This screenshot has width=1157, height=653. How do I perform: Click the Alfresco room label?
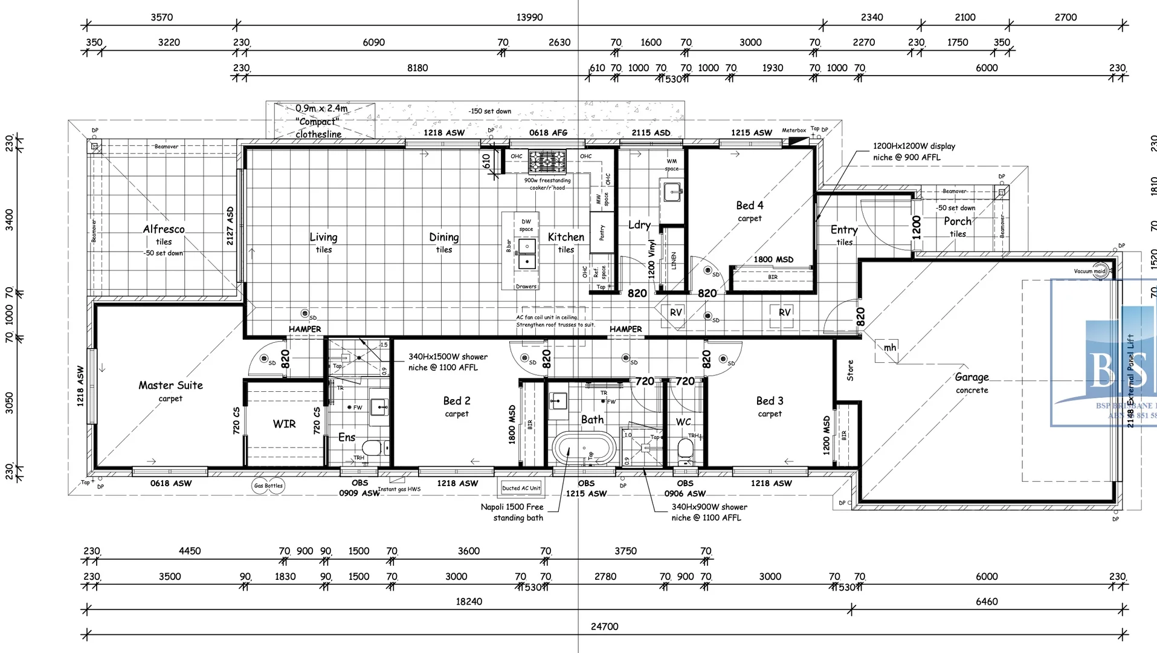164,230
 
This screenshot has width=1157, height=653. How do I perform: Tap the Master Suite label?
170,386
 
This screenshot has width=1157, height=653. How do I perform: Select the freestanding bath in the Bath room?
584,448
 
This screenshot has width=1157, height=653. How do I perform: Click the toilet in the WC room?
685,449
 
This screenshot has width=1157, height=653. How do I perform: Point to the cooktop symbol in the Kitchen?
547,161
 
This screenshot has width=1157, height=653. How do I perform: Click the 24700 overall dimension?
604,627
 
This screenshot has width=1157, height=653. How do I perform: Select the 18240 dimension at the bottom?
469,602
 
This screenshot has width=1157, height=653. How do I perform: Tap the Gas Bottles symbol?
268,486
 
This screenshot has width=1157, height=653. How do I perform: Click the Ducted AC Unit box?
521,488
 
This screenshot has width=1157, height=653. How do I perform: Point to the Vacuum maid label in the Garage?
1089,271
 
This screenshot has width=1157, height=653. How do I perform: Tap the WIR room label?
284,424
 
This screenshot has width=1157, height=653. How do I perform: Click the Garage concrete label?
972,382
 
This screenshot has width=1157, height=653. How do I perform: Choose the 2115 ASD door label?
651,133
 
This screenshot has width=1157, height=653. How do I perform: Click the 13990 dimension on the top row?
529,18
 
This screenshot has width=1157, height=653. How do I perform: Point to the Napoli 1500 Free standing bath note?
512,512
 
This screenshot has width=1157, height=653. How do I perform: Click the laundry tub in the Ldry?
672,193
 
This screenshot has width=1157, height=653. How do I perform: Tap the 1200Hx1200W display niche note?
914,152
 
